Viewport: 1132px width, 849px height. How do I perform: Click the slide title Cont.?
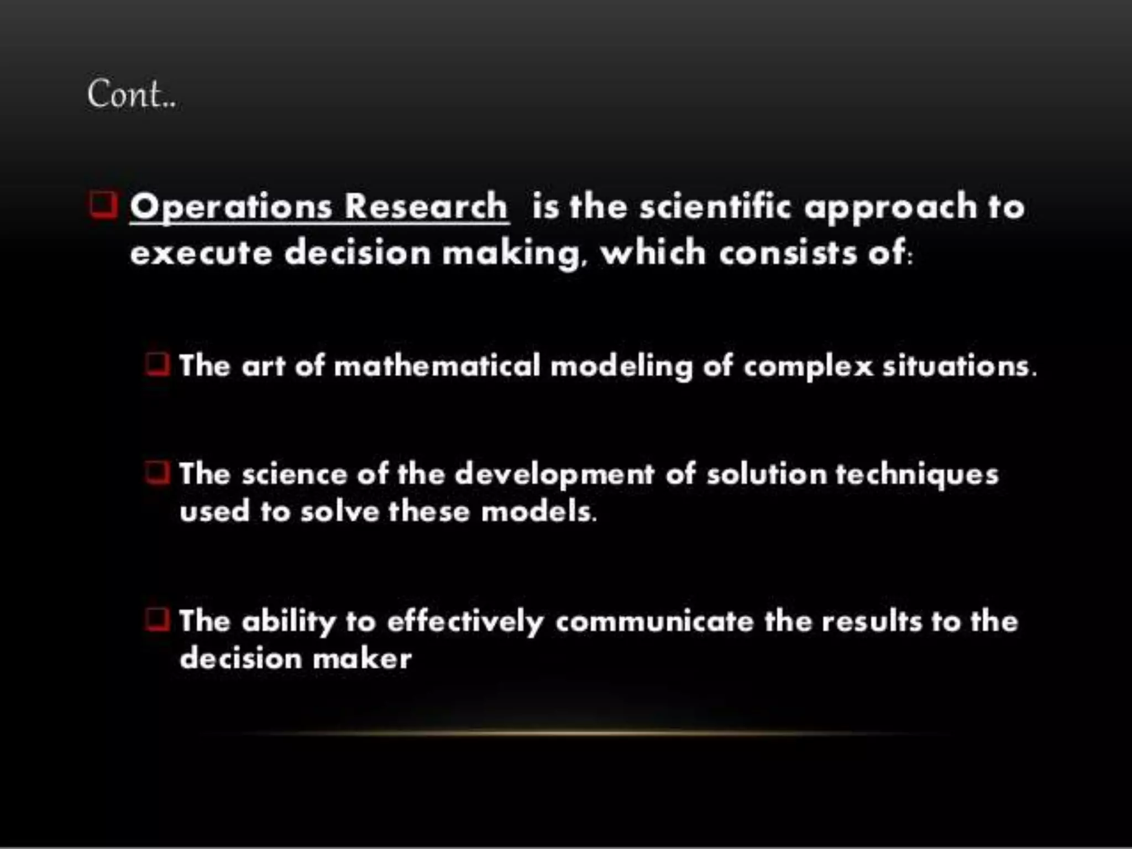click(131, 95)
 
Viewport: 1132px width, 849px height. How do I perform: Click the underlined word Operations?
click(231, 207)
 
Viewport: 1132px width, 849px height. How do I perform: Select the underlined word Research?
click(426, 206)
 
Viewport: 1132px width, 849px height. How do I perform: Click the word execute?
click(201, 253)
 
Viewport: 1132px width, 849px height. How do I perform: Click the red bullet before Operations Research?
click(103, 205)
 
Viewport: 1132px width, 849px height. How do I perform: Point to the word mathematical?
click(437, 366)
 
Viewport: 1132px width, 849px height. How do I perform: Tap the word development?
click(554, 475)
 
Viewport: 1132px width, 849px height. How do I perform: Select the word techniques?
click(917, 475)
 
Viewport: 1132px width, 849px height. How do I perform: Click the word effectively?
click(465, 622)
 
